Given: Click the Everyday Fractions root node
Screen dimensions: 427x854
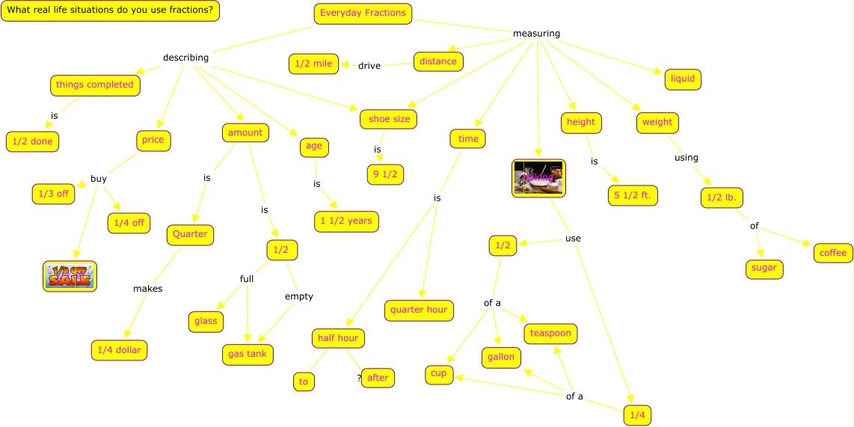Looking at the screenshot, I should (363, 13).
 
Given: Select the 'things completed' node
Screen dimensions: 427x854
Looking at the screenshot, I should (95, 85).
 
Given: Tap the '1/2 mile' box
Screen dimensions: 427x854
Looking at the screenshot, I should (313, 64).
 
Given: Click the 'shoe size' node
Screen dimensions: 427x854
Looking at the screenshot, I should (388, 119).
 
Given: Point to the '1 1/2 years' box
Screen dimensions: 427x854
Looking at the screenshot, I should (346, 221).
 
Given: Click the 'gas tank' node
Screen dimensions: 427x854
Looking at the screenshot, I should (248, 354).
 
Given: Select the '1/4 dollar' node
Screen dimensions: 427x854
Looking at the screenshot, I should (119, 350).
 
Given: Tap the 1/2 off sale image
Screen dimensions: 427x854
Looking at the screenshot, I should (70, 276).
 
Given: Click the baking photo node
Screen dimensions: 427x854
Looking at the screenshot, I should (538, 179).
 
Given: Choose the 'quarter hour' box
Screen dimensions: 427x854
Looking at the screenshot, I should (419, 310).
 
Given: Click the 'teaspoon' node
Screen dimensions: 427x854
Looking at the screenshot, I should (550, 334).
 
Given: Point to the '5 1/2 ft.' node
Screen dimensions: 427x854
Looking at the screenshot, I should (633, 196).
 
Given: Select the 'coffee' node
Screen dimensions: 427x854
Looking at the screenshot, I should (833, 253).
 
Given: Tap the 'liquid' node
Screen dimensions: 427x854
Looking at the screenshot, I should (682, 79).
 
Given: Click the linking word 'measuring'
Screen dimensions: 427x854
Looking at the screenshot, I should (536, 34).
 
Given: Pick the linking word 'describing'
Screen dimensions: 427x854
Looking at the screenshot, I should (185, 58).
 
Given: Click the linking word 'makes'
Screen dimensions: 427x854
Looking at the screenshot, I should (147, 289).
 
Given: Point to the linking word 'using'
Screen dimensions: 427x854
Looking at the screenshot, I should (686, 158).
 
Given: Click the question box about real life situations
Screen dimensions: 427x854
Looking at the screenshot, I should (110, 11).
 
